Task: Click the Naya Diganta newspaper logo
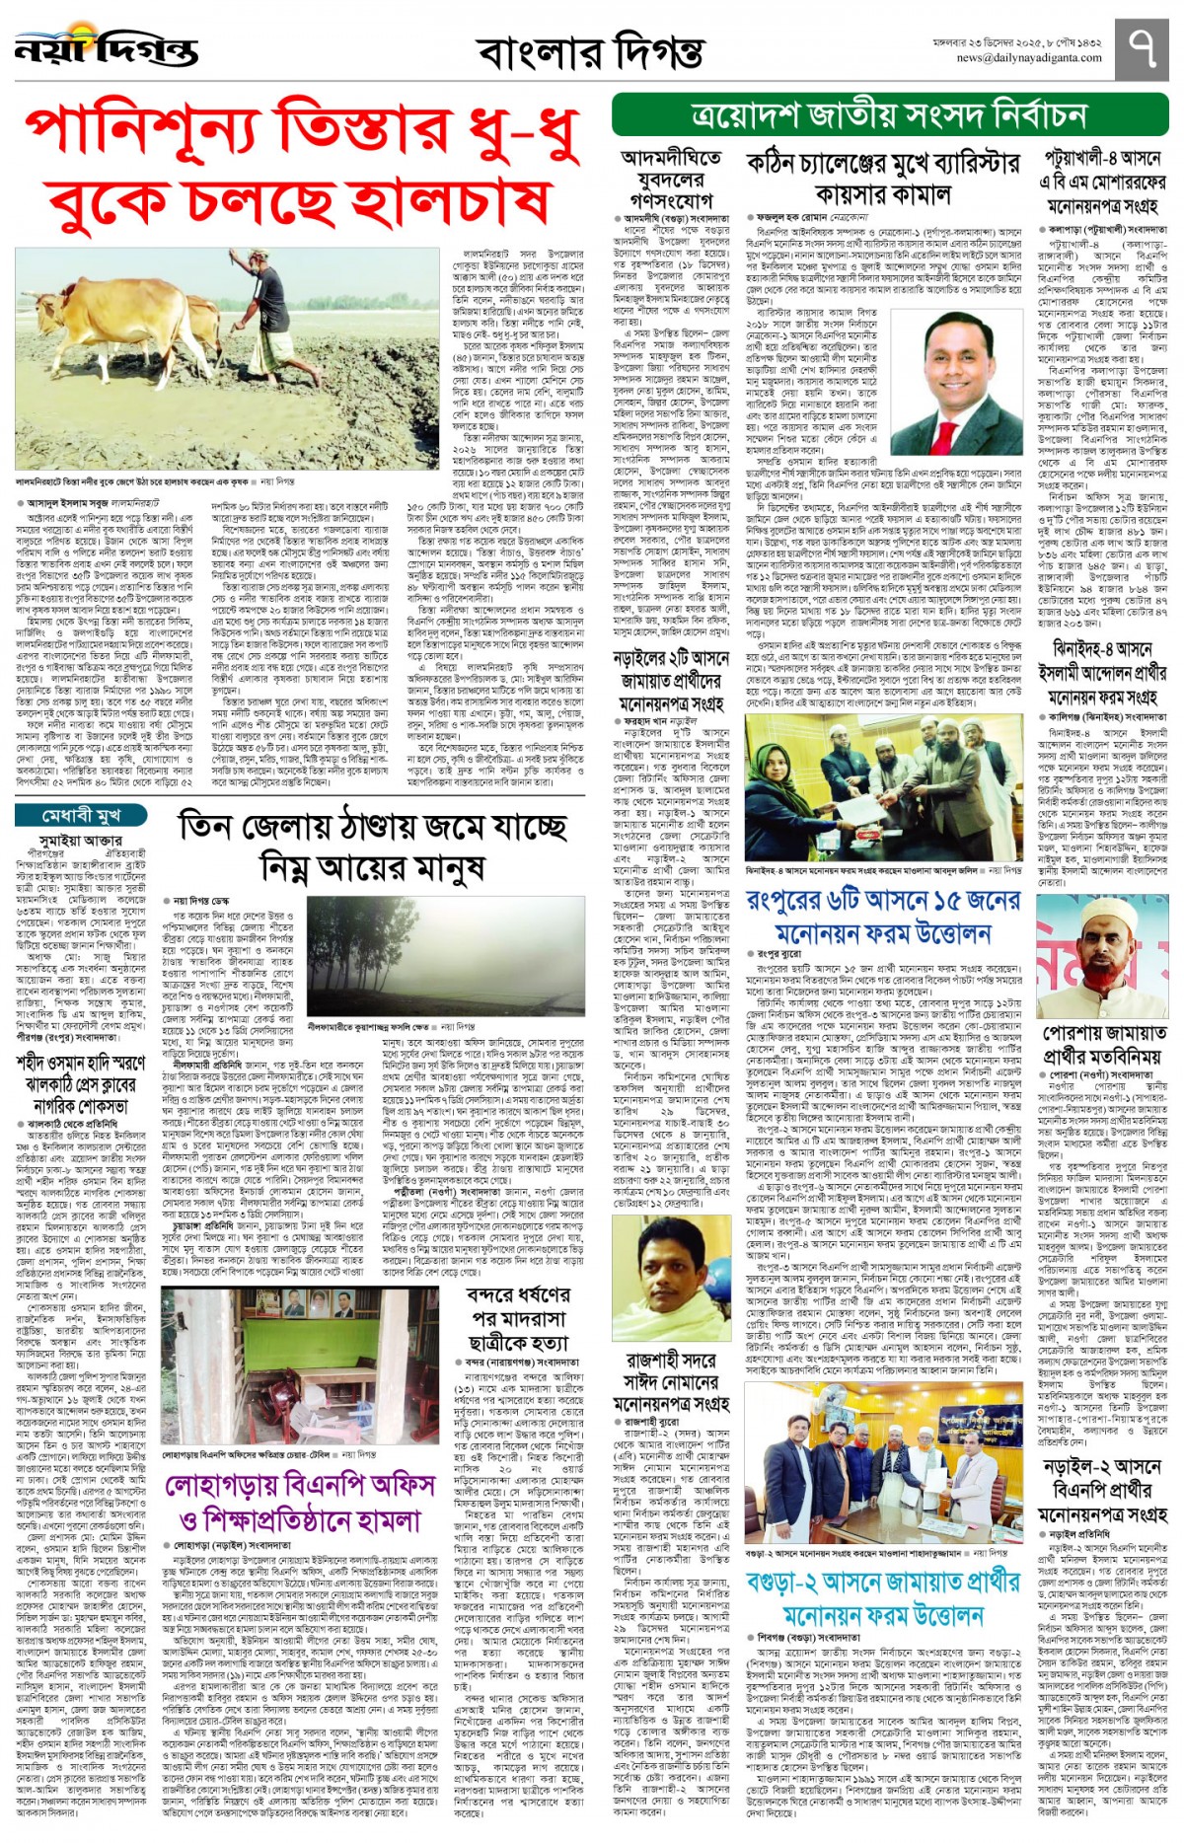(106, 47)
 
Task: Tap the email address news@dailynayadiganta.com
(1029, 58)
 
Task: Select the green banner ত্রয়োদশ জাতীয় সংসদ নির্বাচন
(889, 116)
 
